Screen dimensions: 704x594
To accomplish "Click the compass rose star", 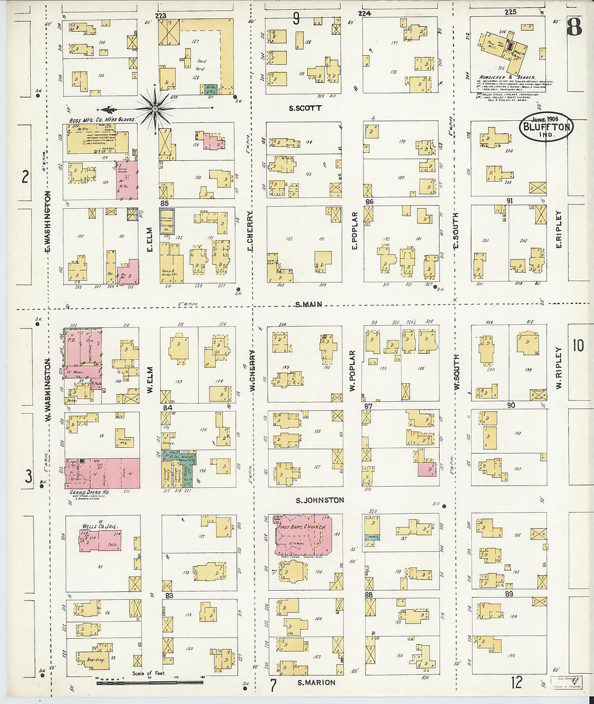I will [x=155, y=110].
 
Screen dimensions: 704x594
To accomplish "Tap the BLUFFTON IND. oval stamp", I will [x=546, y=128].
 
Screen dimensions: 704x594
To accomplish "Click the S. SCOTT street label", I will [x=305, y=108].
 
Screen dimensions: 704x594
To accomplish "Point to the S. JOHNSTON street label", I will [x=320, y=500].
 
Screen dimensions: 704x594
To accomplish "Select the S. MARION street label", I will [x=316, y=682].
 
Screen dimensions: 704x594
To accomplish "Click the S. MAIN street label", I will [x=309, y=305].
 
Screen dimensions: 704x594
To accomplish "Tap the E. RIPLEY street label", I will [x=559, y=230].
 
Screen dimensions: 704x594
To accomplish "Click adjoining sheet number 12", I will [x=517, y=682].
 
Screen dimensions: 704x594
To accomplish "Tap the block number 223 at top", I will [x=160, y=16].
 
